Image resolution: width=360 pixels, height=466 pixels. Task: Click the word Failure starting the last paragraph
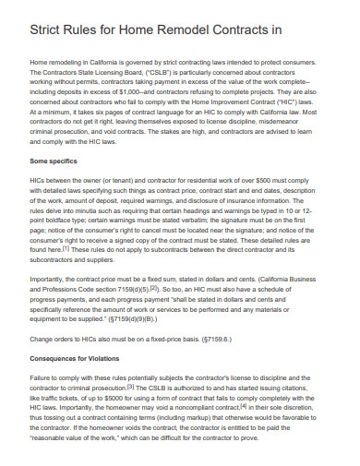point(43,377)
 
